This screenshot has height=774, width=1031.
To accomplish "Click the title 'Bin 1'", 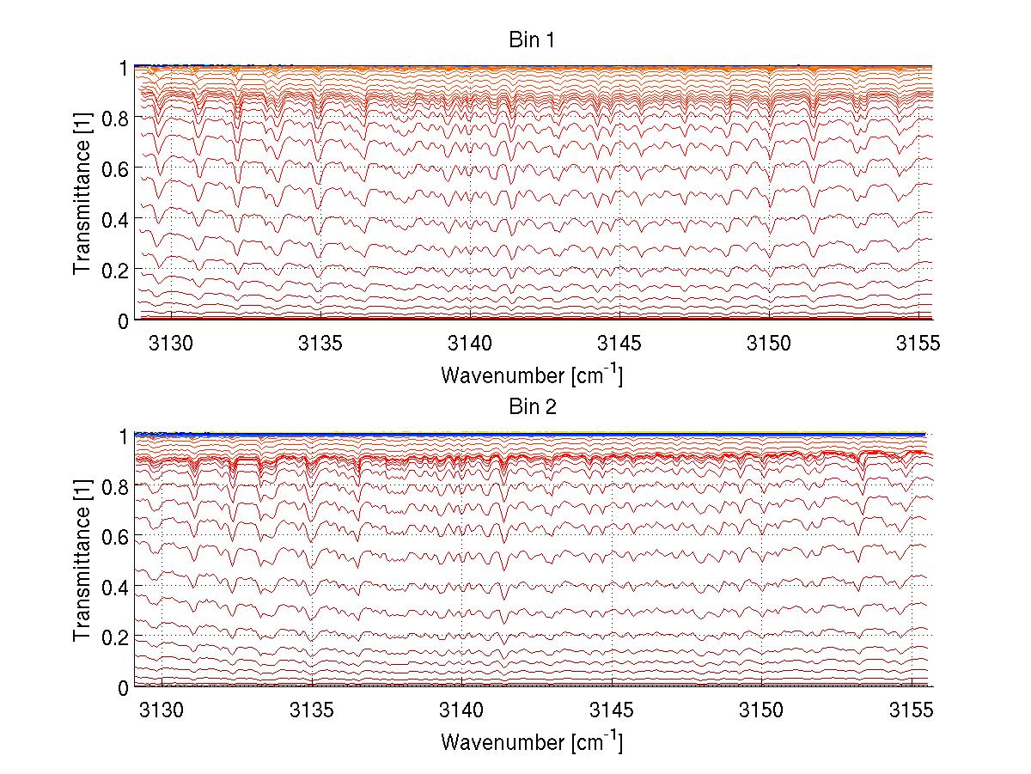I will pyautogui.click(x=532, y=40).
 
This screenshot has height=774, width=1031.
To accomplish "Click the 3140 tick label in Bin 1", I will pyautogui.click(x=471, y=344).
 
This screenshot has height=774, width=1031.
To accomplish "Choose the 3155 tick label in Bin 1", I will pyautogui.click(x=919, y=344).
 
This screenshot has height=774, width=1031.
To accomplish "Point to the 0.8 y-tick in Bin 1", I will pyautogui.click(x=115, y=118).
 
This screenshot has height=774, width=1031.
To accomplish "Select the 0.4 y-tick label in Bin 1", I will pyautogui.click(x=115, y=219).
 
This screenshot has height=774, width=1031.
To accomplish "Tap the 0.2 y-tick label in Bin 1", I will pyautogui.click(x=115, y=270).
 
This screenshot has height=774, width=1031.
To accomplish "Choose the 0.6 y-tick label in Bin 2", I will pyautogui.click(x=115, y=536).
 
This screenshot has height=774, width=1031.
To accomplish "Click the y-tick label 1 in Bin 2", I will pyautogui.click(x=124, y=436).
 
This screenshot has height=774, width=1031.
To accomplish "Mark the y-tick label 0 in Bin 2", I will pyautogui.click(x=124, y=687).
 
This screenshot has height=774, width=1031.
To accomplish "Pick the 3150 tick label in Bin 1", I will pyautogui.click(x=770, y=344).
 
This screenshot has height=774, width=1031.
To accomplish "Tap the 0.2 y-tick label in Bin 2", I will pyautogui.click(x=115, y=637).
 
